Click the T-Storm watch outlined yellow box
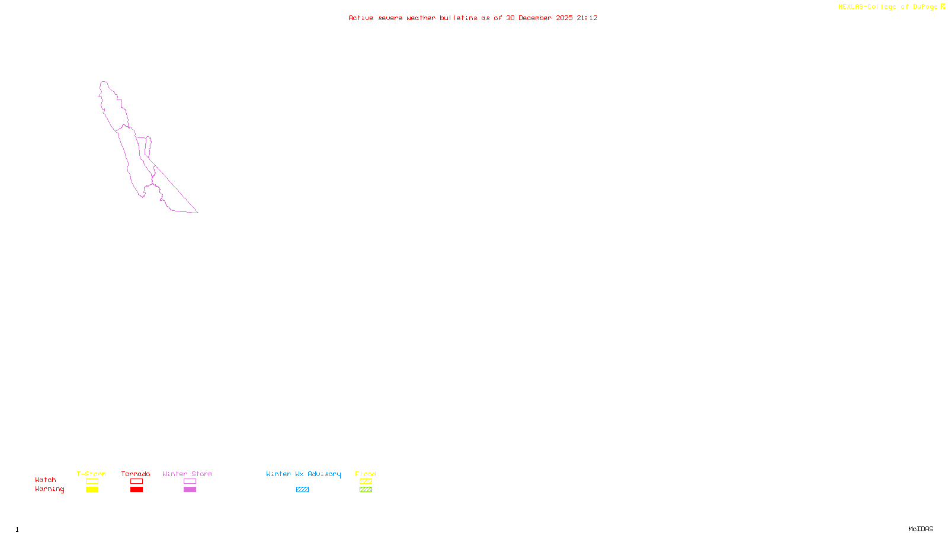[x=92, y=481]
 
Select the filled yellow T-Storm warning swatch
[x=92, y=490]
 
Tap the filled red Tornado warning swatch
[x=136, y=490]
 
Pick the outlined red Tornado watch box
[x=136, y=481]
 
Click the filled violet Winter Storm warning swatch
[x=190, y=490]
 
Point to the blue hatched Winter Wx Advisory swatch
[x=302, y=490]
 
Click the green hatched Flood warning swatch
[x=366, y=490]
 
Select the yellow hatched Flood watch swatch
[x=366, y=481]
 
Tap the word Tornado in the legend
[x=136, y=474]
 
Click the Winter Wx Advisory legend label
[x=303, y=474]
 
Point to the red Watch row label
[x=46, y=480]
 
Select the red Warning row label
[x=49, y=489]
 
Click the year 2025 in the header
[x=564, y=18]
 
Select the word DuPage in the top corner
[x=925, y=7]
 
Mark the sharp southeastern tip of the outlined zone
[x=198, y=213]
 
